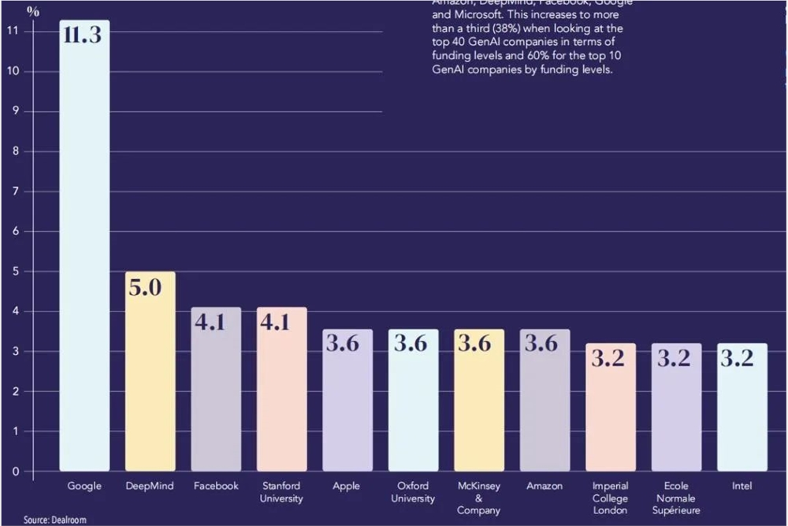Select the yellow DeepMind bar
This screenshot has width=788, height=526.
151,371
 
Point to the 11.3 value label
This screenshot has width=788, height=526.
83,35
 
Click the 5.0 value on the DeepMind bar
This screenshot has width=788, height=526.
145,287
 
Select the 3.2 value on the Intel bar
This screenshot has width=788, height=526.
737,358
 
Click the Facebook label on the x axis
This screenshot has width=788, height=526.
216,486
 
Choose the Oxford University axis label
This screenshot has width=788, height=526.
413,492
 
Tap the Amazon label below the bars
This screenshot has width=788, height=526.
545,486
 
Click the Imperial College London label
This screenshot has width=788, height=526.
610,498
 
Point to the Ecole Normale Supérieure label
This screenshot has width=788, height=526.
675,498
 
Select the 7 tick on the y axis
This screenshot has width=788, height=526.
15,192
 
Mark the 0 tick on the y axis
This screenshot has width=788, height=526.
15,472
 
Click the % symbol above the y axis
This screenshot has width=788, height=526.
32,11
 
